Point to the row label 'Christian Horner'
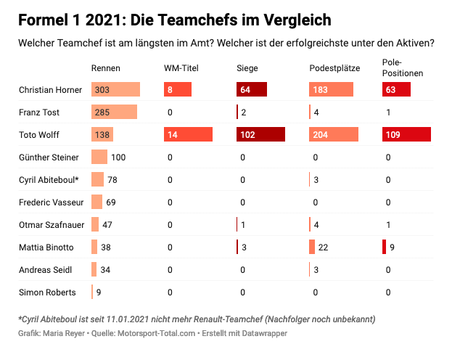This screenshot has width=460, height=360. (x=50, y=90)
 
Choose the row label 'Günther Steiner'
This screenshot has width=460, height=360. (x=49, y=157)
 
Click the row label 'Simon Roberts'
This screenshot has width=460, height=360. (x=47, y=292)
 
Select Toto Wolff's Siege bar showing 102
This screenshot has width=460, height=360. (x=260, y=135)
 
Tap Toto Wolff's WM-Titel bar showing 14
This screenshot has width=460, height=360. (x=188, y=135)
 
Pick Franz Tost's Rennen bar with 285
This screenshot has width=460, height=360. (x=114, y=112)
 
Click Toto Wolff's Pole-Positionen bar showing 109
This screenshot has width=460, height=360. (x=406, y=135)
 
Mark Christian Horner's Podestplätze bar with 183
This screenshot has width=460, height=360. (x=331, y=90)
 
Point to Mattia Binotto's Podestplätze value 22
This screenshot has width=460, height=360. (x=324, y=247)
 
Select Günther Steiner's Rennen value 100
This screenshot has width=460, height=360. (x=118, y=157)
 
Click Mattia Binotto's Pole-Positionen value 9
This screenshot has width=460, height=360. (x=392, y=247)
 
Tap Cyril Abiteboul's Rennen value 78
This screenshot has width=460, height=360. (x=112, y=180)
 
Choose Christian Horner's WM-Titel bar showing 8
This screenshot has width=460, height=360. (x=178, y=90)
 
